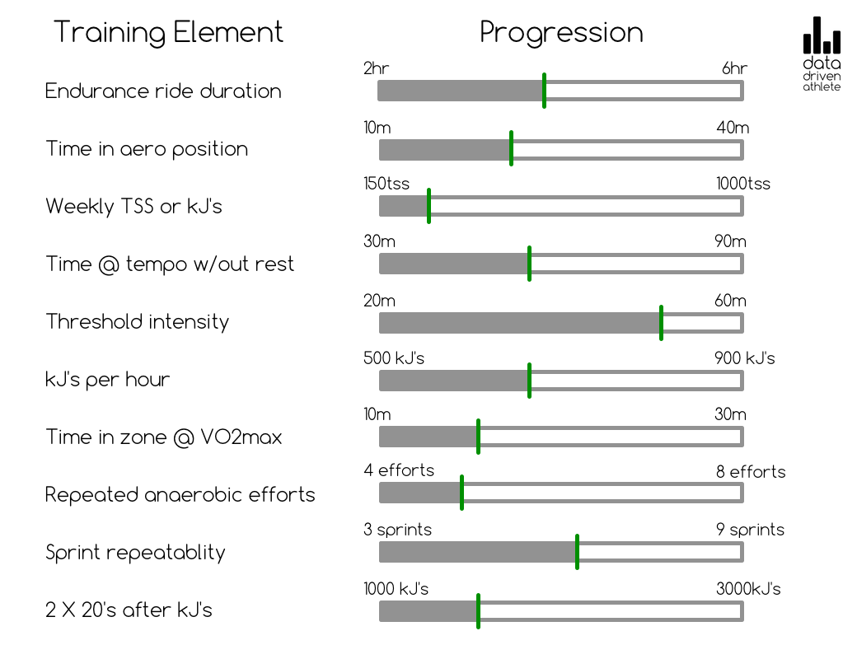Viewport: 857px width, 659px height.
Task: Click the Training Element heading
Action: tap(168, 33)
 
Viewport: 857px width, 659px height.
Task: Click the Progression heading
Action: tap(561, 33)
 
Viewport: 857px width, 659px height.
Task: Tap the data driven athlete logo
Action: tap(822, 54)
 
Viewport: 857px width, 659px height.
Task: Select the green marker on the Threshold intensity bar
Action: tap(661, 322)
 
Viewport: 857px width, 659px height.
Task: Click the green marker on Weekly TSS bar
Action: tap(428, 206)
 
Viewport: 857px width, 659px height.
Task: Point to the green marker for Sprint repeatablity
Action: tap(577, 552)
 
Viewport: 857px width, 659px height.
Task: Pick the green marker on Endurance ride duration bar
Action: tap(544, 91)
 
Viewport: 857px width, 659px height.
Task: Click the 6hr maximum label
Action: tap(734, 68)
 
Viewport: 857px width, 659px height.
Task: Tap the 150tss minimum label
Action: tap(386, 184)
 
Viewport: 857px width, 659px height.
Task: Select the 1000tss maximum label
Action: tap(743, 184)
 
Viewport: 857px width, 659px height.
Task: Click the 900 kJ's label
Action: tap(744, 358)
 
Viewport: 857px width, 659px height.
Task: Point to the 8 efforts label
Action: tap(751, 472)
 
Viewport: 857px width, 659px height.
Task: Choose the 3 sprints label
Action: tap(397, 530)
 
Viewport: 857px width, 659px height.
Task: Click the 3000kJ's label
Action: tap(748, 589)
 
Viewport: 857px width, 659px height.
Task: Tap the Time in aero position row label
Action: tap(147, 149)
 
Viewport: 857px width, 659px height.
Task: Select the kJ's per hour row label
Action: tap(108, 380)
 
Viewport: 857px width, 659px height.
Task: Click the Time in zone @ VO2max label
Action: tap(163, 437)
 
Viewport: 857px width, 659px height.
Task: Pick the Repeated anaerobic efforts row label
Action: tap(180, 495)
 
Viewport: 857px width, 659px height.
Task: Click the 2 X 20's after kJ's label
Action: tap(129, 610)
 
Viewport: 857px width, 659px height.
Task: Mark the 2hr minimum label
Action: tap(376, 68)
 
